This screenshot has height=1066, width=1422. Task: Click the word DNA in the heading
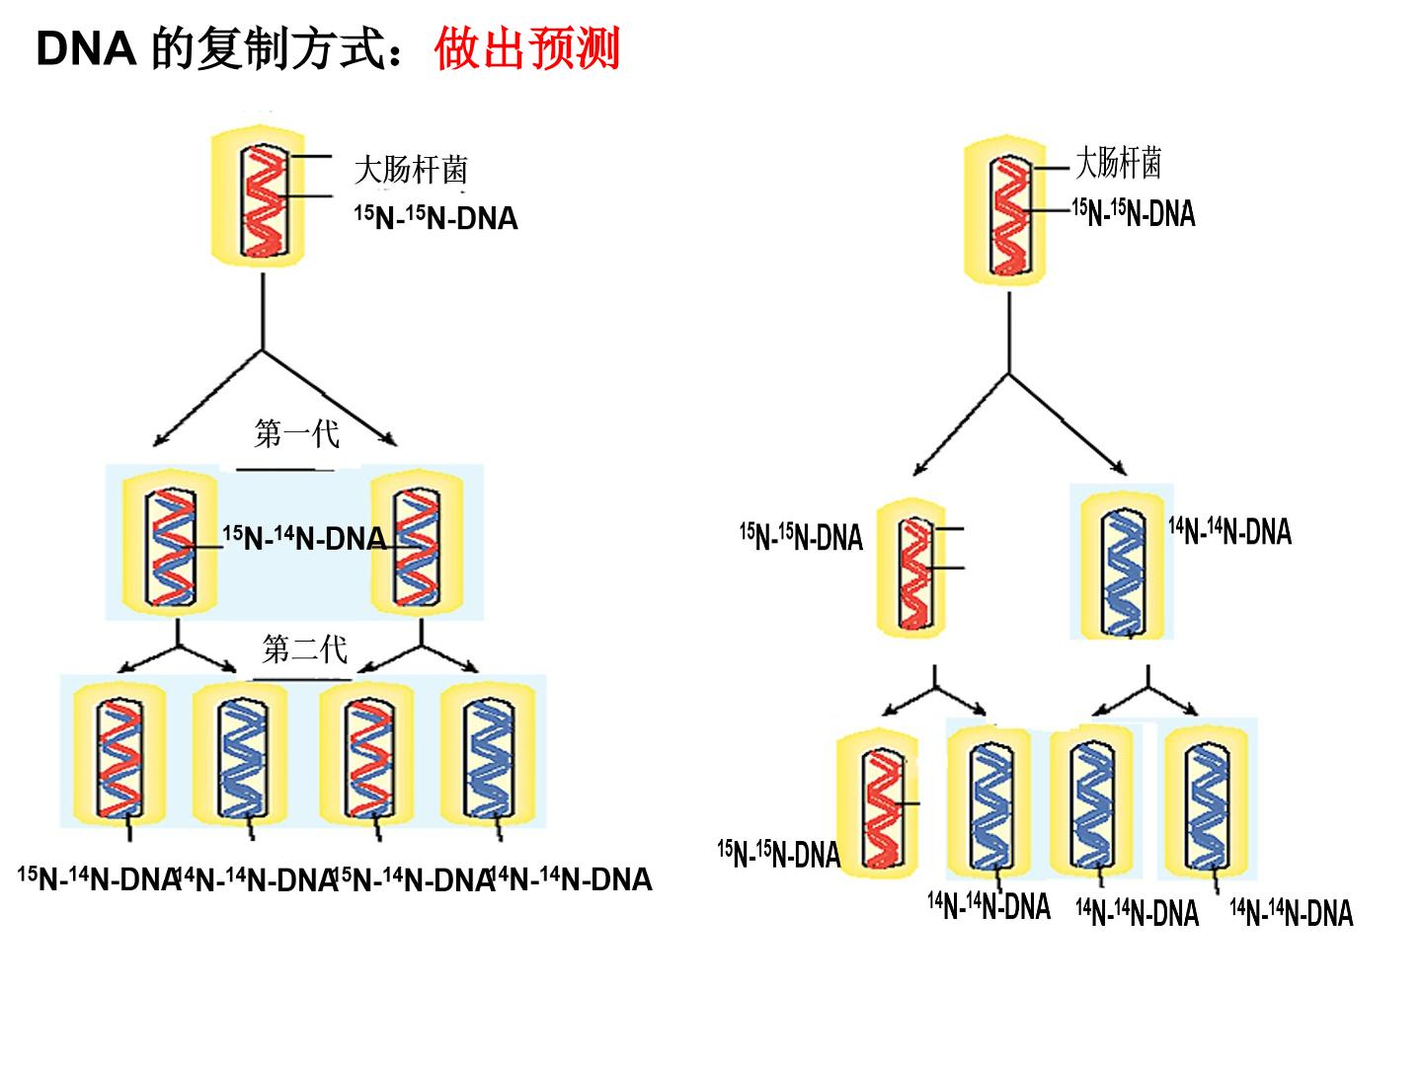[x=86, y=49]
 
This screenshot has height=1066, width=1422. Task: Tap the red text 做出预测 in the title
[x=526, y=48]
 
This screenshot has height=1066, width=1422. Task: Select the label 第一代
[x=296, y=433]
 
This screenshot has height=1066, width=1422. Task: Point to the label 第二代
[x=304, y=648]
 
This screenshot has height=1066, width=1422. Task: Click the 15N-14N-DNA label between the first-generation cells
[x=304, y=539]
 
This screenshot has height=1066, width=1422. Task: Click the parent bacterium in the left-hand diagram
[x=258, y=195]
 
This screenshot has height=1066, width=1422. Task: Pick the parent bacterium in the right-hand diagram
[x=1005, y=210]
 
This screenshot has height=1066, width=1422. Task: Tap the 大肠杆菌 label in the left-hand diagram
[x=411, y=170]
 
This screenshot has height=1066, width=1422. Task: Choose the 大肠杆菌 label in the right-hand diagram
[x=1118, y=162]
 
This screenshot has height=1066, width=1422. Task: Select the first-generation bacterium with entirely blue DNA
[x=1123, y=563]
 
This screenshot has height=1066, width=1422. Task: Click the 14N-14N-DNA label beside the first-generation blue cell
[x=1229, y=532]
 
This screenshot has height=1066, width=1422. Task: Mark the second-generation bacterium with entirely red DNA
[x=878, y=801]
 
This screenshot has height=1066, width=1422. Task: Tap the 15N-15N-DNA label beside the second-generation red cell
[x=779, y=854]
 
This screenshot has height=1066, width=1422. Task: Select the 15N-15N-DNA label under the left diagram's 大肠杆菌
[x=436, y=218]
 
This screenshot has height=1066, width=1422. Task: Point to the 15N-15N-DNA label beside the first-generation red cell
[x=802, y=537]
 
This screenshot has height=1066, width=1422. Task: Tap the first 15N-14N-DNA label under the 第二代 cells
[x=99, y=878]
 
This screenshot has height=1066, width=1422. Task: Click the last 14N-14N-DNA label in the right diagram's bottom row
[x=1292, y=913]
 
